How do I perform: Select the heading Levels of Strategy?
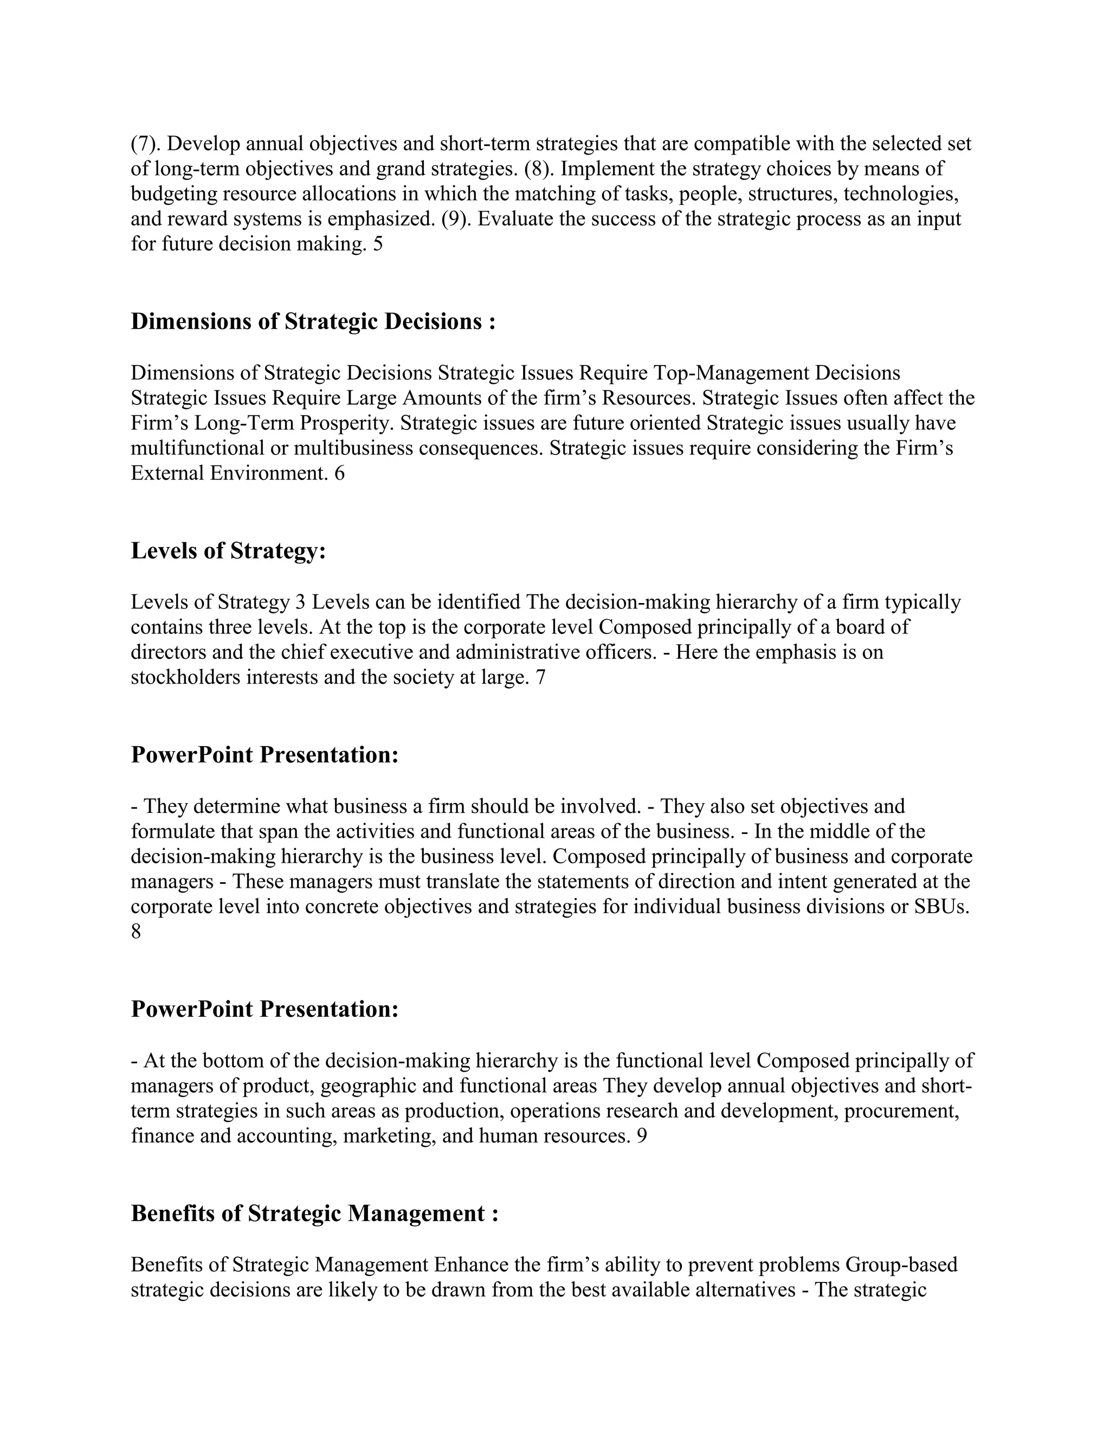pos(228,551)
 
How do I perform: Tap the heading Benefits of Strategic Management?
pos(314,1213)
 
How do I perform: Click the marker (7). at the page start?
pos(146,144)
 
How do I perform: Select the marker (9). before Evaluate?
pos(456,219)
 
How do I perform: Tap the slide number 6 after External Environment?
pos(339,473)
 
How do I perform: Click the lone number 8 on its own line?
pos(136,932)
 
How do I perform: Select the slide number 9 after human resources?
pos(642,1136)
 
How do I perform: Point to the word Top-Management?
pos(731,373)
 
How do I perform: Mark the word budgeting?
pos(173,194)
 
